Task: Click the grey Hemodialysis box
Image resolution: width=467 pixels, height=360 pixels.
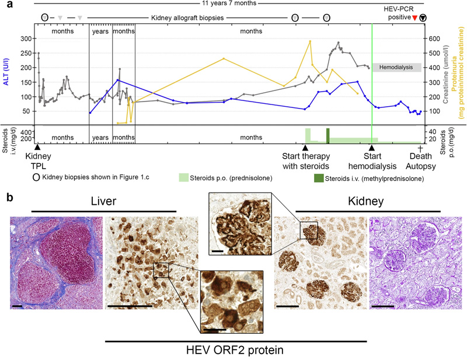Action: (396, 68)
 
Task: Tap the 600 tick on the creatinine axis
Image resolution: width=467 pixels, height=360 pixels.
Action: (433, 39)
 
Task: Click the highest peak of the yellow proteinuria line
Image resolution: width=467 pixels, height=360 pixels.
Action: (310, 41)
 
